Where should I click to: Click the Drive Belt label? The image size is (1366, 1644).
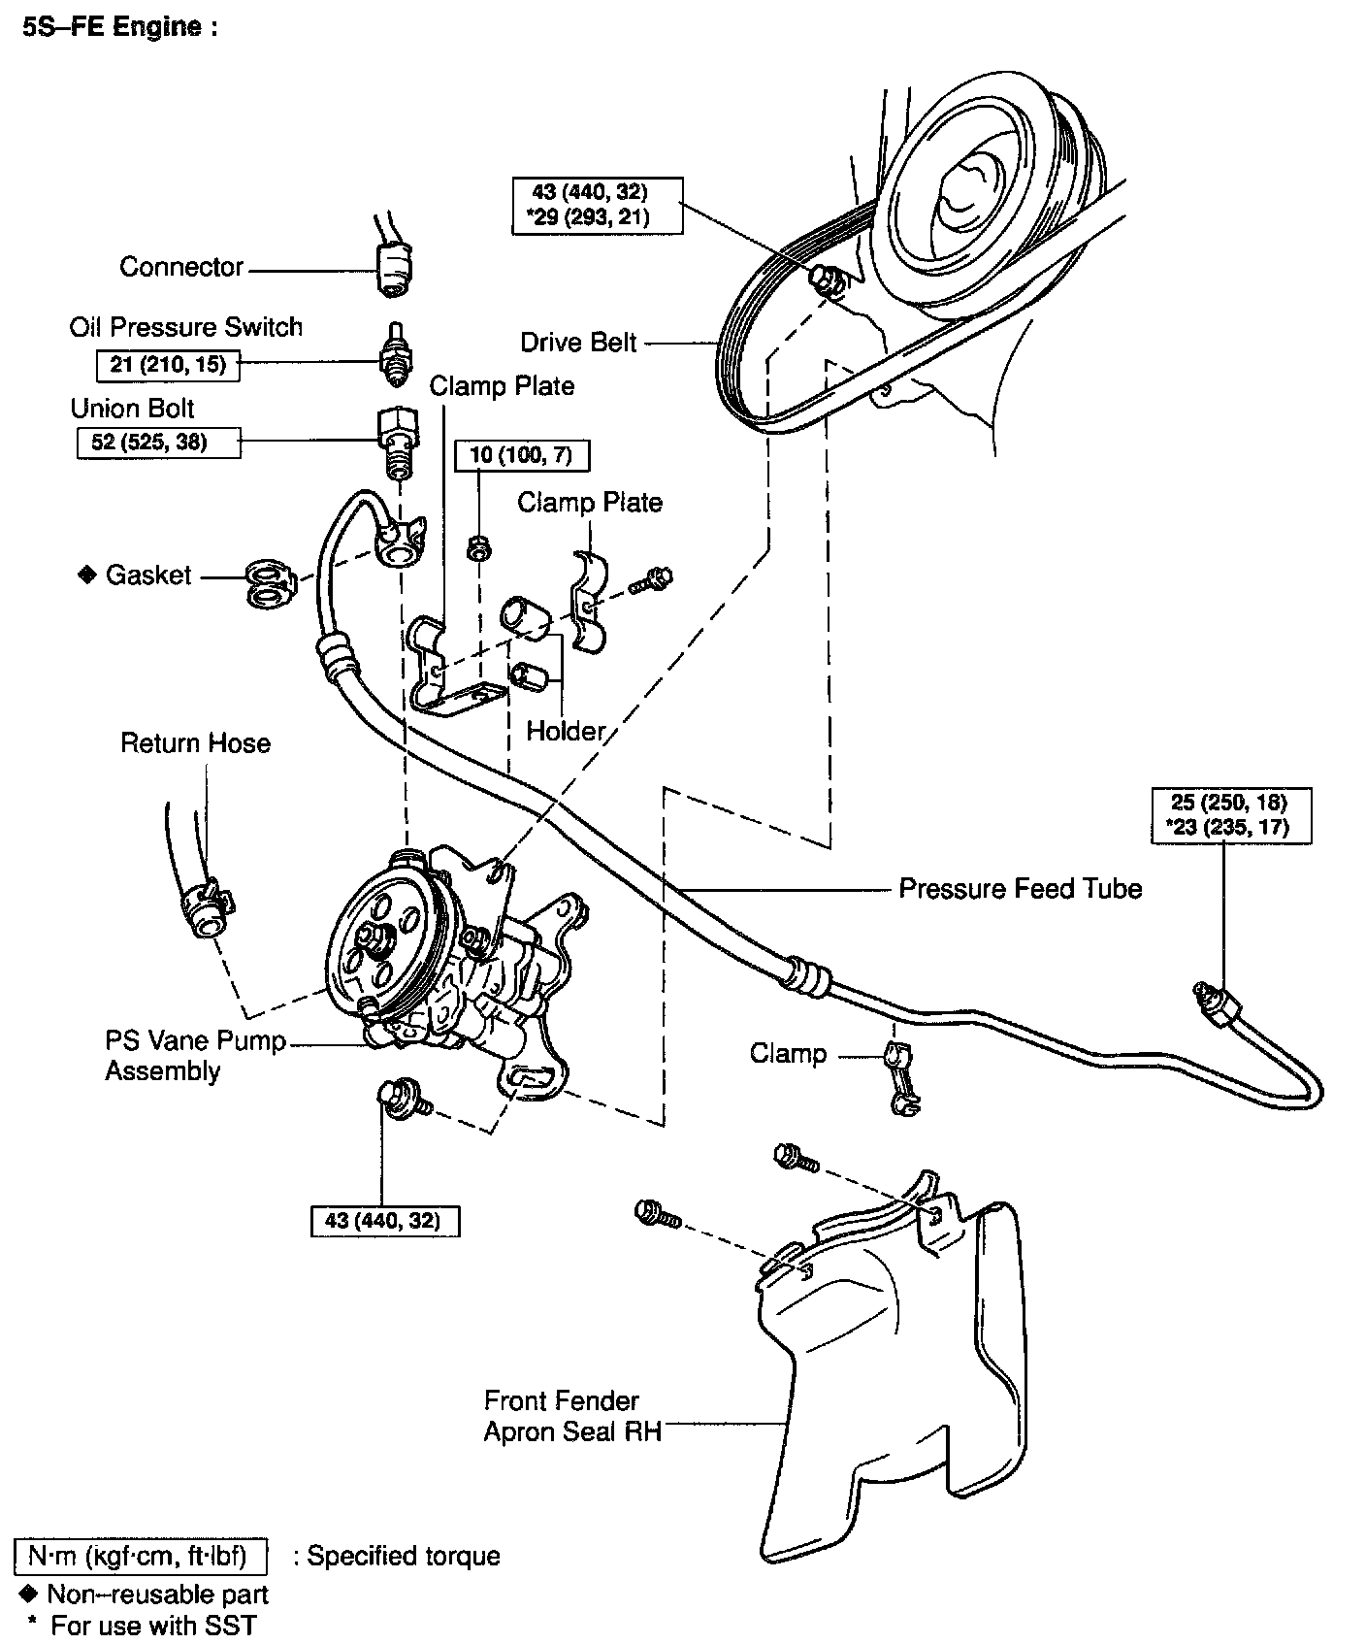(x=578, y=343)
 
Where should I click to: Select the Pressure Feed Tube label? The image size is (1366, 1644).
(x=1020, y=889)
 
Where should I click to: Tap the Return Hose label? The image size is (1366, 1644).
(x=195, y=743)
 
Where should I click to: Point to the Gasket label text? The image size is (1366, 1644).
(x=148, y=575)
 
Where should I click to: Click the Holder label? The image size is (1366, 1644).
(x=566, y=730)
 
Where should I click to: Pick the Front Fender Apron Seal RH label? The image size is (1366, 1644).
(x=572, y=1416)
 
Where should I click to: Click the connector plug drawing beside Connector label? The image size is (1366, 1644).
(x=393, y=266)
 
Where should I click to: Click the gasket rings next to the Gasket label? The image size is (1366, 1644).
(x=267, y=582)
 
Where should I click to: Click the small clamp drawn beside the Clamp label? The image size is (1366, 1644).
(x=900, y=1076)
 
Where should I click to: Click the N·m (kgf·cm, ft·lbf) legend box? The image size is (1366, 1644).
(x=141, y=1557)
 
